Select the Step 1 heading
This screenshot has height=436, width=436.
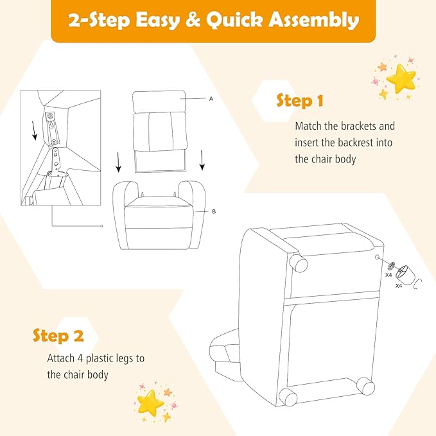click(300, 101)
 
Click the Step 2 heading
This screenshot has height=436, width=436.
click(58, 336)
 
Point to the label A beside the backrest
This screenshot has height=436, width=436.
click(211, 99)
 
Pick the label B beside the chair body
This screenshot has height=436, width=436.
click(214, 212)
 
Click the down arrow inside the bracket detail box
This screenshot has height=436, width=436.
click(34, 130)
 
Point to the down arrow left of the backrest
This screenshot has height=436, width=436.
click(118, 162)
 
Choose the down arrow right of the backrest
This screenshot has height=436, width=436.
click(202, 160)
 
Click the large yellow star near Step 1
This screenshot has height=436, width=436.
click(401, 78)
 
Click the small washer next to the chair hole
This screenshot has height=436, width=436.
click(390, 266)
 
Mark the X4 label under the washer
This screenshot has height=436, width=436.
click(388, 275)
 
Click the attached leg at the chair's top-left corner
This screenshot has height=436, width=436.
click(299, 263)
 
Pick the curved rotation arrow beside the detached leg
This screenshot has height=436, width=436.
click(417, 284)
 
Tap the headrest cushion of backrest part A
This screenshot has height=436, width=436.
click(159, 101)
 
